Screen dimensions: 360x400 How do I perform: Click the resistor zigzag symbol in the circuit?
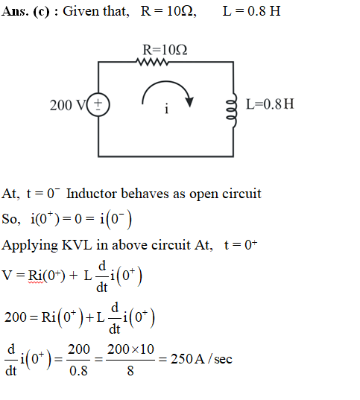pyautogui.click(x=152, y=62)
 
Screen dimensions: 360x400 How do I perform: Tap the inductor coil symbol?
pyautogui.click(x=232, y=110)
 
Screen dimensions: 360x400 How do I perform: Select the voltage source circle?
pyautogui.click(x=98, y=105)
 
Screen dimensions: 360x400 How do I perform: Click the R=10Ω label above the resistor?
pyautogui.click(x=165, y=50)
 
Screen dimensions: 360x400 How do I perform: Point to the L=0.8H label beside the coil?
pyautogui.click(x=270, y=104)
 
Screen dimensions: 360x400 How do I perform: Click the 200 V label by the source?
pyautogui.click(x=68, y=105)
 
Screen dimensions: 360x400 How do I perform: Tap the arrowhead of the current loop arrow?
pyautogui.click(x=189, y=102)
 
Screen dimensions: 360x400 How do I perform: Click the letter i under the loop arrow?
pyautogui.click(x=166, y=109)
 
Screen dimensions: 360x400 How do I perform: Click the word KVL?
pyautogui.click(x=77, y=245)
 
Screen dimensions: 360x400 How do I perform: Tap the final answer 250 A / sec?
pyautogui.click(x=201, y=359)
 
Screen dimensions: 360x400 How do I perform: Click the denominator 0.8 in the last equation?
pyautogui.click(x=78, y=370)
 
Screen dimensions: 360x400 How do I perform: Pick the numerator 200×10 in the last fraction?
pyautogui.click(x=130, y=349)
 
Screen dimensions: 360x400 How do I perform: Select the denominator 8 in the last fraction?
pyautogui.click(x=130, y=370)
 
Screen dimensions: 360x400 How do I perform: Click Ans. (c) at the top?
pyautogui.click(x=25, y=12)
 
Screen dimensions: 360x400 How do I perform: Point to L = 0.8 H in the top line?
pyautogui.click(x=251, y=11)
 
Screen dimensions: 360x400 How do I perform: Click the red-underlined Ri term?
pyautogui.click(x=36, y=276)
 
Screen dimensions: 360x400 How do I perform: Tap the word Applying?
pyautogui.click(x=30, y=246)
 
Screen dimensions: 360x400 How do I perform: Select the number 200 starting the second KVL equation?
pyautogui.click(x=16, y=317)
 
